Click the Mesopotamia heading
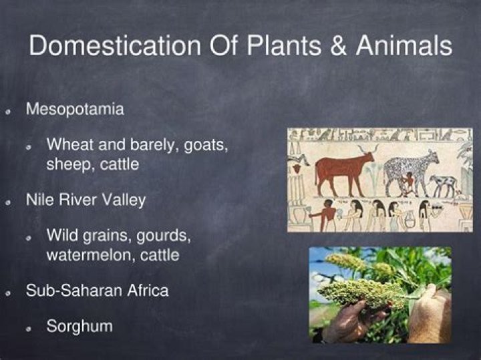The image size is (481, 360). pos(75,110)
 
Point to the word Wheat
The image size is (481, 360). pos(70,145)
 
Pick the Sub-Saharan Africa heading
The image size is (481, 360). pos(97,291)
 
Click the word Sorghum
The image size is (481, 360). pos(79,327)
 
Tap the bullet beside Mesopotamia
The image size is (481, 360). pos(9,111)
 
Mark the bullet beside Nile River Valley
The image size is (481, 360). pos(9,202)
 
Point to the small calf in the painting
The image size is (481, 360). pos(444,183)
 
